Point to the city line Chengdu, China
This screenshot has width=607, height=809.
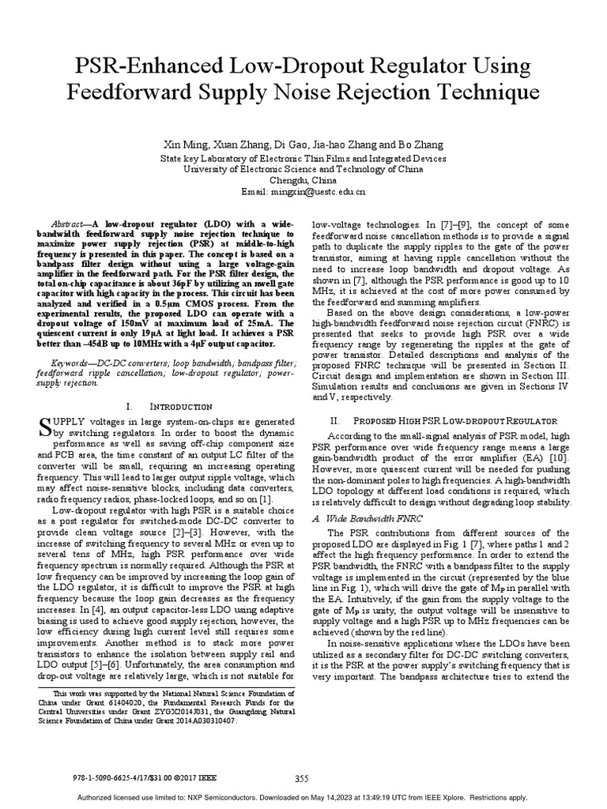pos(303,180)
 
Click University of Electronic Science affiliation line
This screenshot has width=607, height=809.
pos(303,169)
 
